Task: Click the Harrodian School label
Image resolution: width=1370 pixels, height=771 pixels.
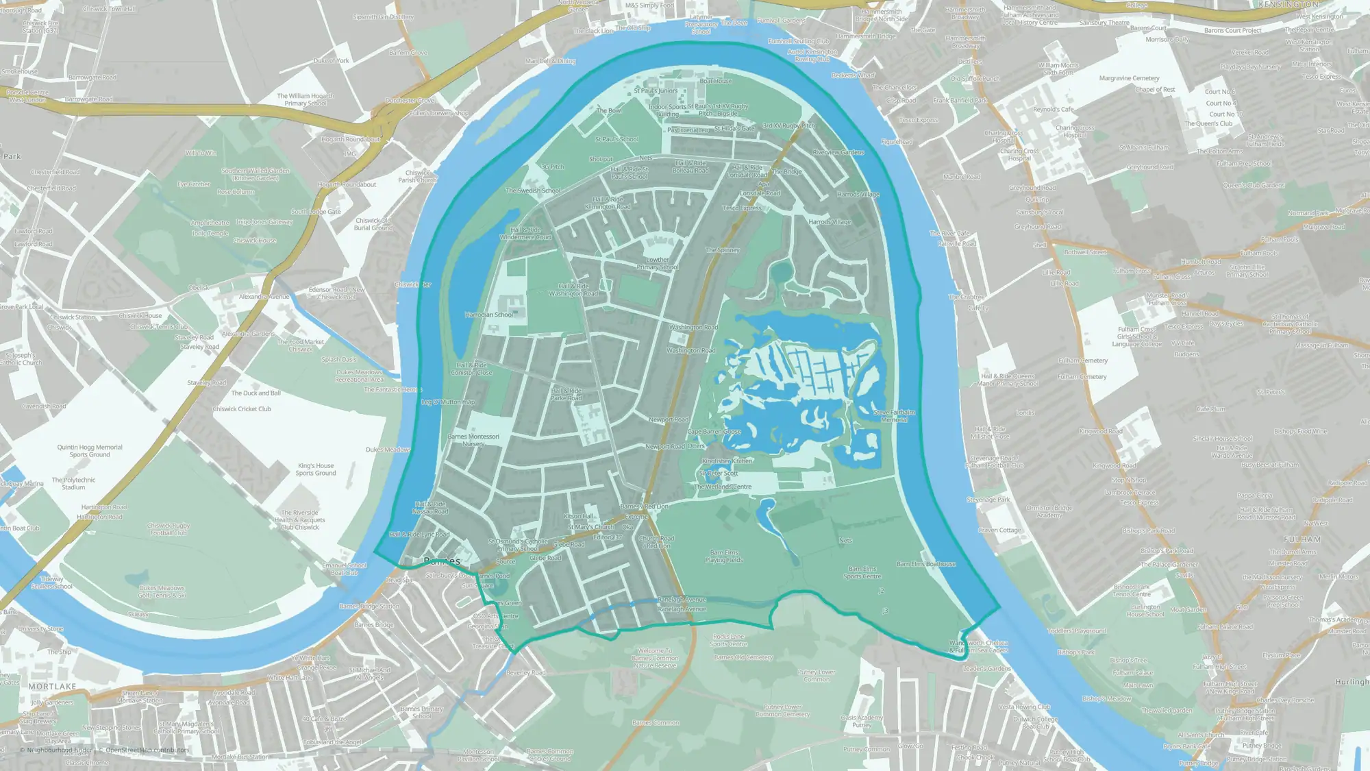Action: (x=488, y=315)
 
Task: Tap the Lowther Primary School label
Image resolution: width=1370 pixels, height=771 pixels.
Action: (x=658, y=263)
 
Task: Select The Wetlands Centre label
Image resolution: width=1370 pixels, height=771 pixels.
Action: (x=723, y=487)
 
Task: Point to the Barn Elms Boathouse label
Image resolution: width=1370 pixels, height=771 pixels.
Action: (x=926, y=564)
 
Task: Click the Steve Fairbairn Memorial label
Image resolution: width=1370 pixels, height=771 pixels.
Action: (x=894, y=416)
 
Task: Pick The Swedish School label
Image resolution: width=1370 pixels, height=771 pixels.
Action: (x=533, y=191)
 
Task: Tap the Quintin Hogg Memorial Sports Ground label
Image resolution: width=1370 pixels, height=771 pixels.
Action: (x=90, y=451)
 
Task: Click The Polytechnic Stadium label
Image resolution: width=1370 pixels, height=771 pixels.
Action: (x=73, y=484)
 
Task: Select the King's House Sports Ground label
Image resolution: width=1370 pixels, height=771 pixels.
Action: (x=316, y=469)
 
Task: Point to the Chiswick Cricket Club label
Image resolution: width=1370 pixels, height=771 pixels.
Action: (x=242, y=409)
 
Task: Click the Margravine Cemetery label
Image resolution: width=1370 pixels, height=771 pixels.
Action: (x=1129, y=78)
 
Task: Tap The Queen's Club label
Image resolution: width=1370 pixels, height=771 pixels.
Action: (x=1208, y=124)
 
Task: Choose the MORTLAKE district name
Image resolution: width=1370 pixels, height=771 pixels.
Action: (x=52, y=686)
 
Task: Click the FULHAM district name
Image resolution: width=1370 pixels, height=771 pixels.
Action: (x=1301, y=539)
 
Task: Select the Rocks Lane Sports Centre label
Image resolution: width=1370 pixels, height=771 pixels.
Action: (x=728, y=640)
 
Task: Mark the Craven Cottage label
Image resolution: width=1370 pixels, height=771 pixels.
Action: (x=999, y=530)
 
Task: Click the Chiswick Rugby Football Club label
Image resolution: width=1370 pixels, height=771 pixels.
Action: (x=169, y=529)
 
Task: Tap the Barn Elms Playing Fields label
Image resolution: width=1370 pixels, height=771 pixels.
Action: (x=724, y=556)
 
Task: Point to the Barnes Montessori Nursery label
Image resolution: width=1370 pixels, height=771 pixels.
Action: (x=473, y=440)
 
